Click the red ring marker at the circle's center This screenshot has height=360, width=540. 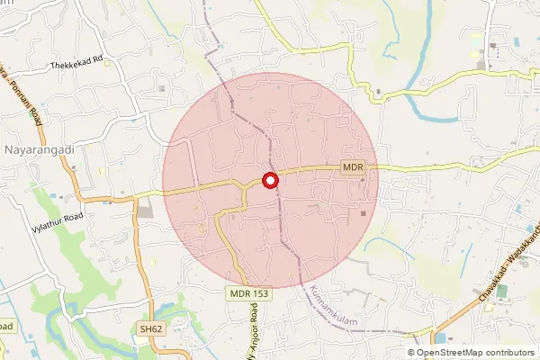pos(270,180)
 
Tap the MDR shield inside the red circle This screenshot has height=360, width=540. pos(352,167)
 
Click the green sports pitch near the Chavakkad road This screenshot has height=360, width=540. pos(501,292)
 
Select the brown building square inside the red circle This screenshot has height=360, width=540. pos(364,213)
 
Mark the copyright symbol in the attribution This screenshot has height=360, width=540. pos(410,353)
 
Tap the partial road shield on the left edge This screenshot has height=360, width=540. pos(4,326)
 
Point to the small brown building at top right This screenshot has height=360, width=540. pos(492,44)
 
